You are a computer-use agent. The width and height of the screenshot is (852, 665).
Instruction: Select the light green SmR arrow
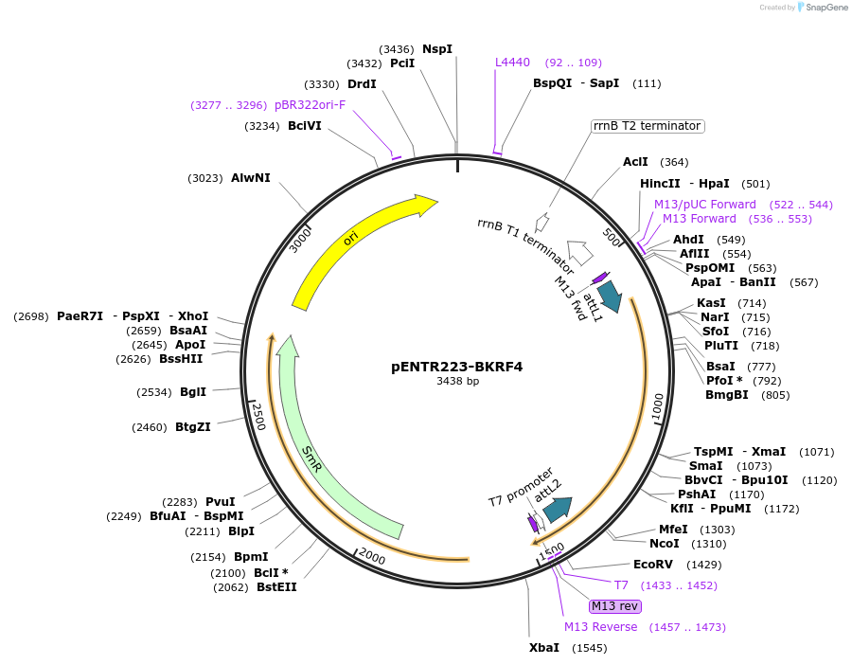pyautogui.click(x=312, y=456)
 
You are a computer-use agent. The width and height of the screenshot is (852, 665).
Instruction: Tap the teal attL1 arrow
pyautogui.click(x=610, y=296)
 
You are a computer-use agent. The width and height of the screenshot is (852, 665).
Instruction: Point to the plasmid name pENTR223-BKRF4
pyautogui.click(x=457, y=366)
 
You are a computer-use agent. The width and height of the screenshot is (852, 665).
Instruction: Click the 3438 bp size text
pyautogui.click(x=457, y=381)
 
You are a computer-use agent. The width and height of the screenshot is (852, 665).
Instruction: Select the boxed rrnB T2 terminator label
pyautogui.click(x=648, y=126)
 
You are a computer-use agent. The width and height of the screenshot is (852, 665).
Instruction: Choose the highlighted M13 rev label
pyautogui.click(x=615, y=606)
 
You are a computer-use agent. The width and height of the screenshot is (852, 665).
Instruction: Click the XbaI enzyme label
pyautogui.click(x=544, y=648)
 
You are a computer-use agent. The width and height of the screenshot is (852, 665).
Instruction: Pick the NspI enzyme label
pyautogui.click(x=437, y=48)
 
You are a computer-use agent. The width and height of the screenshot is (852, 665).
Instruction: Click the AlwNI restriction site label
pyautogui.click(x=251, y=178)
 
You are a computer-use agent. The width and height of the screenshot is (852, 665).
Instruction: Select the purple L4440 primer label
pyautogui.click(x=513, y=63)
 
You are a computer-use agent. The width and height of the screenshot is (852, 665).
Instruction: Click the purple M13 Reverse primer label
pyautogui.click(x=601, y=627)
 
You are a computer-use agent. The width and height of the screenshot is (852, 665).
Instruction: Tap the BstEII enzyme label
pyautogui.click(x=276, y=587)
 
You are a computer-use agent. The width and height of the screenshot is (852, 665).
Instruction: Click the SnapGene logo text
pyautogui.click(x=825, y=8)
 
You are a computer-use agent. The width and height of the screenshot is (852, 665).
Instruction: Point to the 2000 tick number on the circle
pyautogui.click(x=372, y=559)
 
